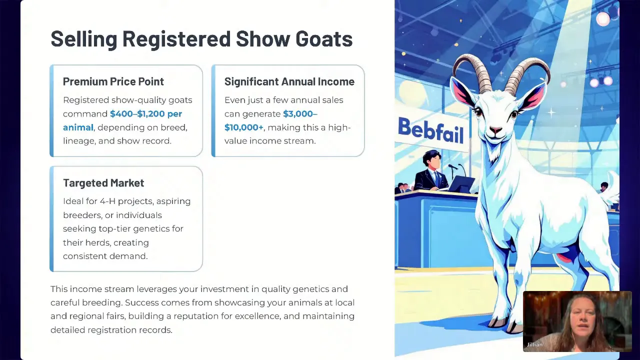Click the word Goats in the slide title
point(324,38)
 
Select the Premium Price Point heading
point(113,81)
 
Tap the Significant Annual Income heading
point(289,81)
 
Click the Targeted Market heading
point(103,183)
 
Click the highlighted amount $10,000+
point(243,127)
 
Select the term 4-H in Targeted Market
point(107,201)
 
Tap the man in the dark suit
point(429,171)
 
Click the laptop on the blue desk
point(460,184)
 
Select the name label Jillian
point(534,344)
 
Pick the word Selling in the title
point(84,39)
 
